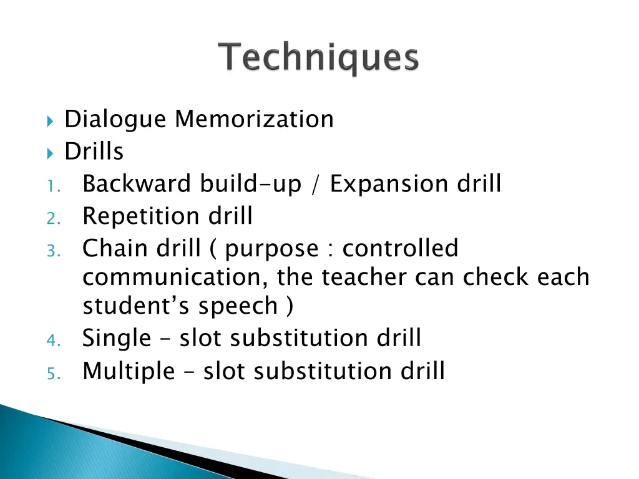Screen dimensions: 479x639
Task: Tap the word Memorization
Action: (254, 119)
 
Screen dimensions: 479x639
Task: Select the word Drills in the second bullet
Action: (94, 152)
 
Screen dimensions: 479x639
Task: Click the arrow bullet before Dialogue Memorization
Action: (51, 120)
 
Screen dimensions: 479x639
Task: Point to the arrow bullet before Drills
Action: (51, 152)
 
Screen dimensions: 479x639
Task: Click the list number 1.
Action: (52, 186)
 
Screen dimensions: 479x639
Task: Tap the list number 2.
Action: (52, 218)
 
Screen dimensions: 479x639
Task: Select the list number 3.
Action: (52, 251)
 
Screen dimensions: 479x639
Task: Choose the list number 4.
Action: (52, 341)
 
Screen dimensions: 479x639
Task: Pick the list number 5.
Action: (52, 373)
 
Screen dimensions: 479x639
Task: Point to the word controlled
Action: (400, 249)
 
